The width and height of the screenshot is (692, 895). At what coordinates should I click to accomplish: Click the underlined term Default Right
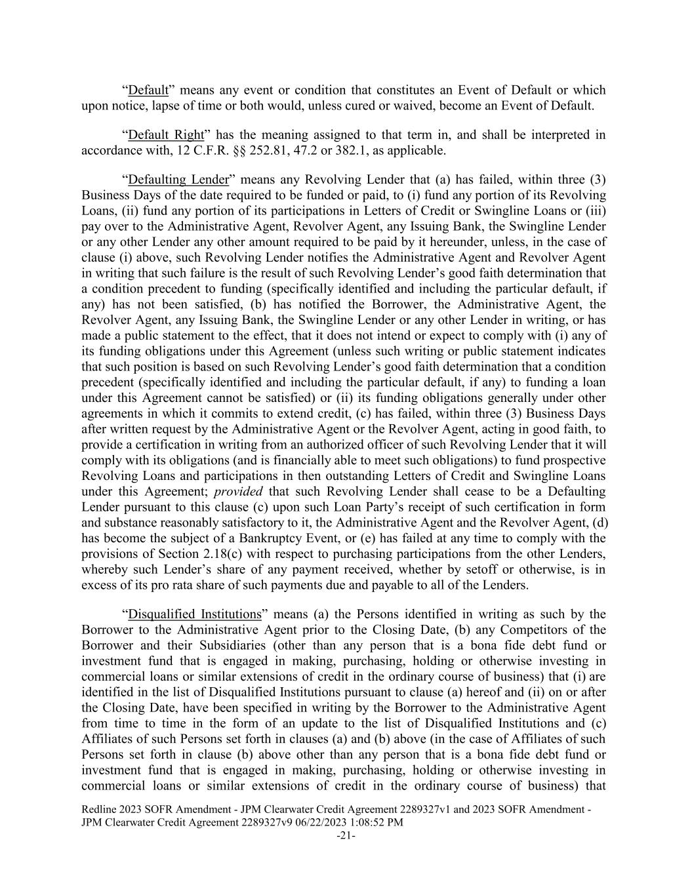pyautogui.click(x=166, y=135)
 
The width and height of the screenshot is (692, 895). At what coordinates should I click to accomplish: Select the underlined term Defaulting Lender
pyautogui.click(x=178, y=180)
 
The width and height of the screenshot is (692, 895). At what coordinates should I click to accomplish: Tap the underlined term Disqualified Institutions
pyautogui.click(x=195, y=614)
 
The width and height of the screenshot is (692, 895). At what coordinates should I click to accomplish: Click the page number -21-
pyautogui.click(x=346, y=835)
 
